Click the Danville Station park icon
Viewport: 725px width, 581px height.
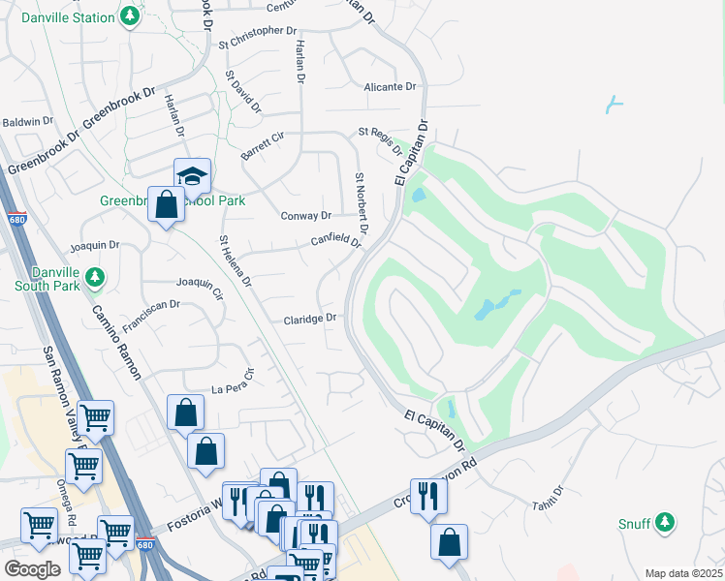[129, 17]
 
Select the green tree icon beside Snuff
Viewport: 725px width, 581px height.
[664, 523]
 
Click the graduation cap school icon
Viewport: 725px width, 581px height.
[192, 176]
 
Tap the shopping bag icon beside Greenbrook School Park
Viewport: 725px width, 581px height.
[167, 204]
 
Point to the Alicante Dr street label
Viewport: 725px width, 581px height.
[390, 87]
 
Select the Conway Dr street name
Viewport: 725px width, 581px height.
[306, 216]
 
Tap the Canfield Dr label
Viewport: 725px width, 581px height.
[335, 240]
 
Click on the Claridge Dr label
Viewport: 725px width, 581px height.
[310, 319]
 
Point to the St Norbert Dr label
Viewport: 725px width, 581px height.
[361, 204]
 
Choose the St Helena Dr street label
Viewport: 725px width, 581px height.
[236, 261]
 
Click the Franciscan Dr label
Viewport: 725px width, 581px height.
[148, 304]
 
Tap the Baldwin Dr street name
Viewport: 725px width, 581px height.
[27, 121]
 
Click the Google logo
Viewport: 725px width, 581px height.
[32, 569]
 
